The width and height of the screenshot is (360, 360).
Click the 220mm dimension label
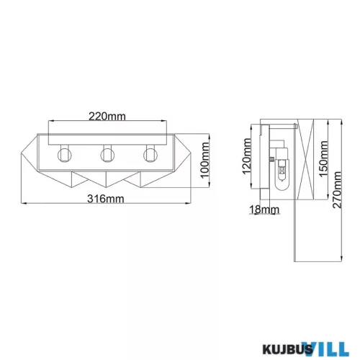click(x=107, y=117)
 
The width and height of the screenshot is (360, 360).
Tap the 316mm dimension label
click(x=106, y=199)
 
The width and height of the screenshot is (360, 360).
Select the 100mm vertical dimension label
click(x=204, y=160)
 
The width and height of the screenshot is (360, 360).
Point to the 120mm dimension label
click(x=247, y=156)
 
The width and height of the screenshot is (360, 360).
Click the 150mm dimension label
click(x=323, y=158)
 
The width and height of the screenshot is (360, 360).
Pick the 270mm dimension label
click(x=337, y=190)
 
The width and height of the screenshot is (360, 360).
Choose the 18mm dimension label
click(x=264, y=210)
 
